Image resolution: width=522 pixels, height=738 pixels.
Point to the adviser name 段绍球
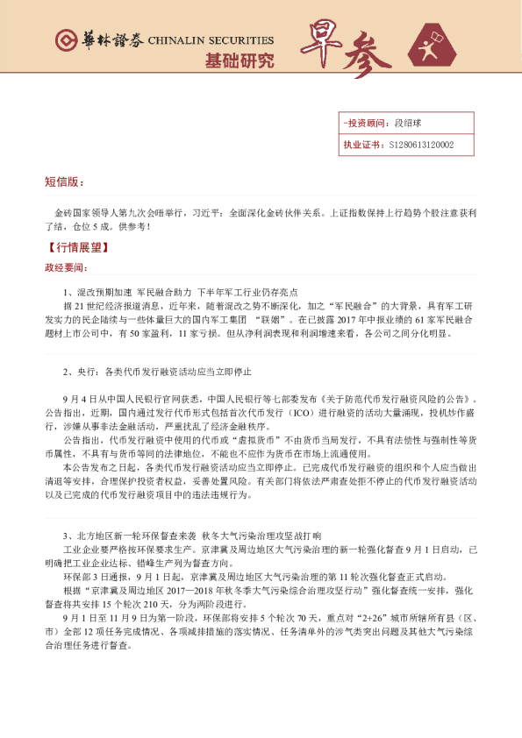tap(409, 124)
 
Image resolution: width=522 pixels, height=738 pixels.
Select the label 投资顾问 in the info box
tap(367, 124)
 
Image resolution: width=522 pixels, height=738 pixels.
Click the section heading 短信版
tap(64, 182)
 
